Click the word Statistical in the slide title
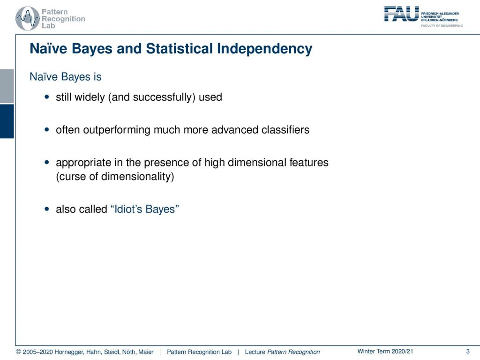click(x=179, y=49)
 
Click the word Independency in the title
click(x=265, y=49)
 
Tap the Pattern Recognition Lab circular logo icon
click(x=28, y=19)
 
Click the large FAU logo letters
click(x=401, y=14)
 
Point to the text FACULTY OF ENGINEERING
click(x=442, y=26)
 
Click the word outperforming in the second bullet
click(x=117, y=130)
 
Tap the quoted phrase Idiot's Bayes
click(x=144, y=209)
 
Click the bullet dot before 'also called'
click(x=46, y=209)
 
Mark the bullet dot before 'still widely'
click(x=46, y=97)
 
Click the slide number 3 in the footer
click(x=468, y=352)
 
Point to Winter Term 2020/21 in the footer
click(x=385, y=352)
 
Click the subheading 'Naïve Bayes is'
click(x=66, y=77)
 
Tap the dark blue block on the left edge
click(x=7, y=121)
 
